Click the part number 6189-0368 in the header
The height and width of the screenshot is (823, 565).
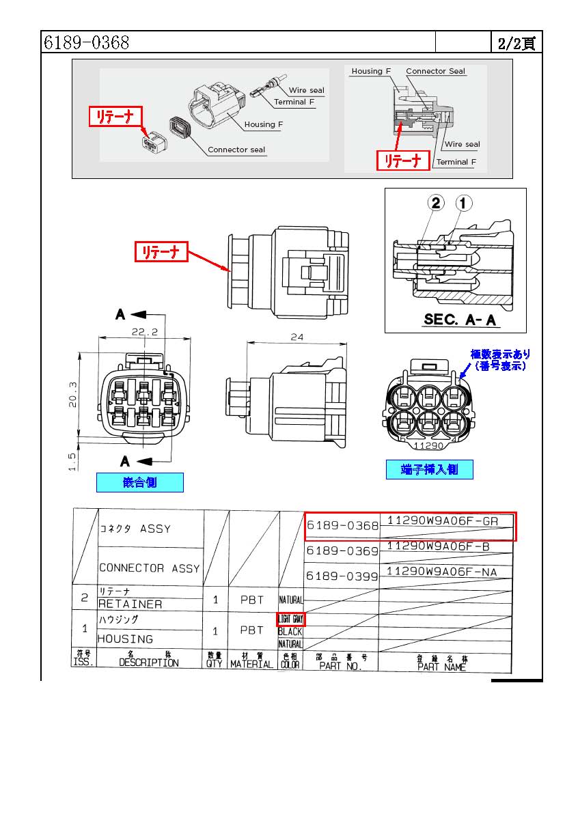(87, 43)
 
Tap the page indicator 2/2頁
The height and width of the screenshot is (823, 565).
(516, 44)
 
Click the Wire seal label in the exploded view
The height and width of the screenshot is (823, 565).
(306, 90)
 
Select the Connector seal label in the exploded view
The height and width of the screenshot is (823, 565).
(236, 150)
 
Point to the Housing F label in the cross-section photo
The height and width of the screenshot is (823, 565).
(371, 71)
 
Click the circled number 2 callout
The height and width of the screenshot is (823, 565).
(437, 203)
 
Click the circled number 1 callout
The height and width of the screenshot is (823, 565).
(464, 203)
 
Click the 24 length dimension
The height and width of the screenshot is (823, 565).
(296, 337)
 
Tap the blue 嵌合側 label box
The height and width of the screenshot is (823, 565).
(139, 482)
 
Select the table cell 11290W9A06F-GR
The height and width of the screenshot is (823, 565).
(443, 520)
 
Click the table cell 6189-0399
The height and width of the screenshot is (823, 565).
(342, 576)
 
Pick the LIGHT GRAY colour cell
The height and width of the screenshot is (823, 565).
(290, 619)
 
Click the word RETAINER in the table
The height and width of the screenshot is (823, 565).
(130, 604)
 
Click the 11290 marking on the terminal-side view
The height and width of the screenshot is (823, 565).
(430, 445)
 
